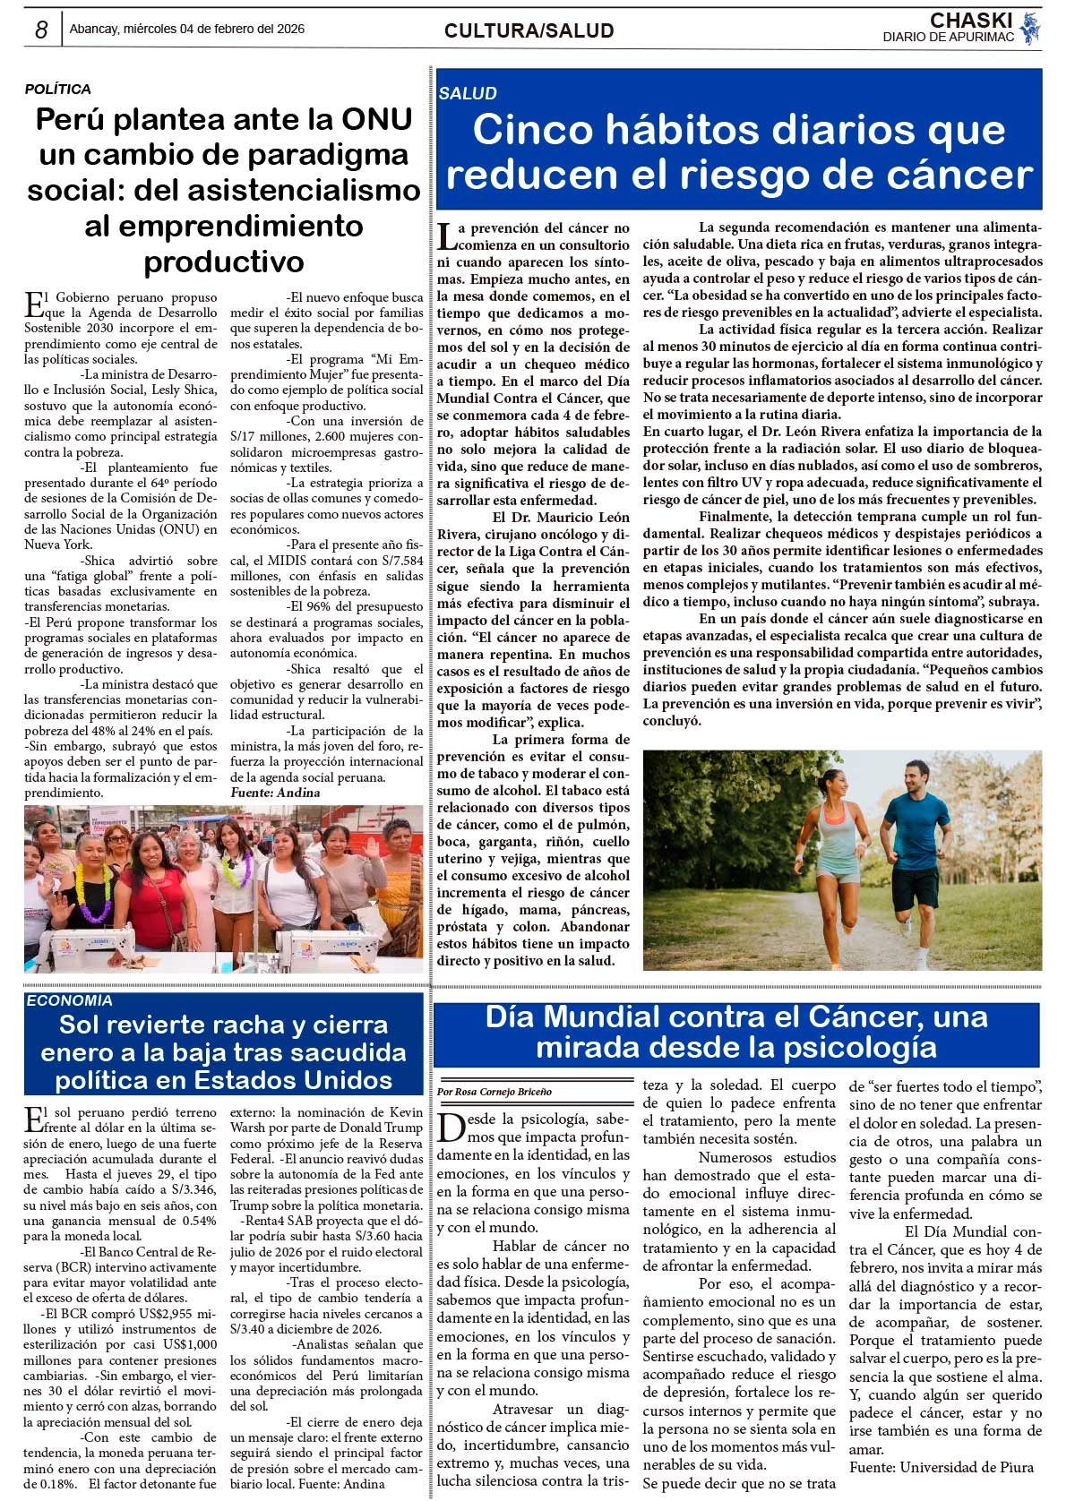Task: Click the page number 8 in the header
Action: pyautogui.click(x=41, y=30)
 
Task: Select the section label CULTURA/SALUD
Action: pyautogui.click(x=529, y=31)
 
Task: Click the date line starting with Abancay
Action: pyautogui.click(x=187, y=29)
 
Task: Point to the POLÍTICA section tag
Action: pyautogui.click(x=57, y=90)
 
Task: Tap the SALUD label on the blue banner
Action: pyautogui.click(x=468, y=93)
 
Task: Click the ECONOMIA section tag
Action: pyautogui.click(x=69, y=1001)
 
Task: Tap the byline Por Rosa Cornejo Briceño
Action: pyautogui.click(x=494, y=1092)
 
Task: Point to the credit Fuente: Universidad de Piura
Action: pyautogui.click(x=941, y=1467)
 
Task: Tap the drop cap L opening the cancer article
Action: pyautogui.click(x=446, y=236)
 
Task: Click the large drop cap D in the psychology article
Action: pyautogui.click(x=451, y=1128)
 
